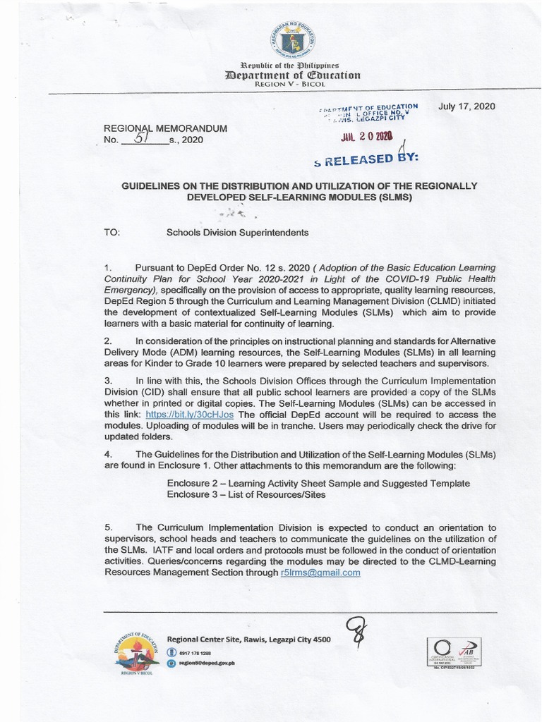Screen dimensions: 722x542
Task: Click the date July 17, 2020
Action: click(x=466, y=106)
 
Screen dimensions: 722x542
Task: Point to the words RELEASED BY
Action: click(x=371, y=159)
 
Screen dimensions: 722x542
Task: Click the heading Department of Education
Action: click(x=291, y=75)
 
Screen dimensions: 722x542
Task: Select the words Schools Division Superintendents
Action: click(x=237, y=231)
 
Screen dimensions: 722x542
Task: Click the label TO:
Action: click(x=113, y=231)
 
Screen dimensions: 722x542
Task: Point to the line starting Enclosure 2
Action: click(x=318, y=483)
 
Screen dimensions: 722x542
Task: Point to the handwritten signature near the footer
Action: click(x=352, y=632)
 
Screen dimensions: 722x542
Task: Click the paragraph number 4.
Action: click(x=107, y=453)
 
